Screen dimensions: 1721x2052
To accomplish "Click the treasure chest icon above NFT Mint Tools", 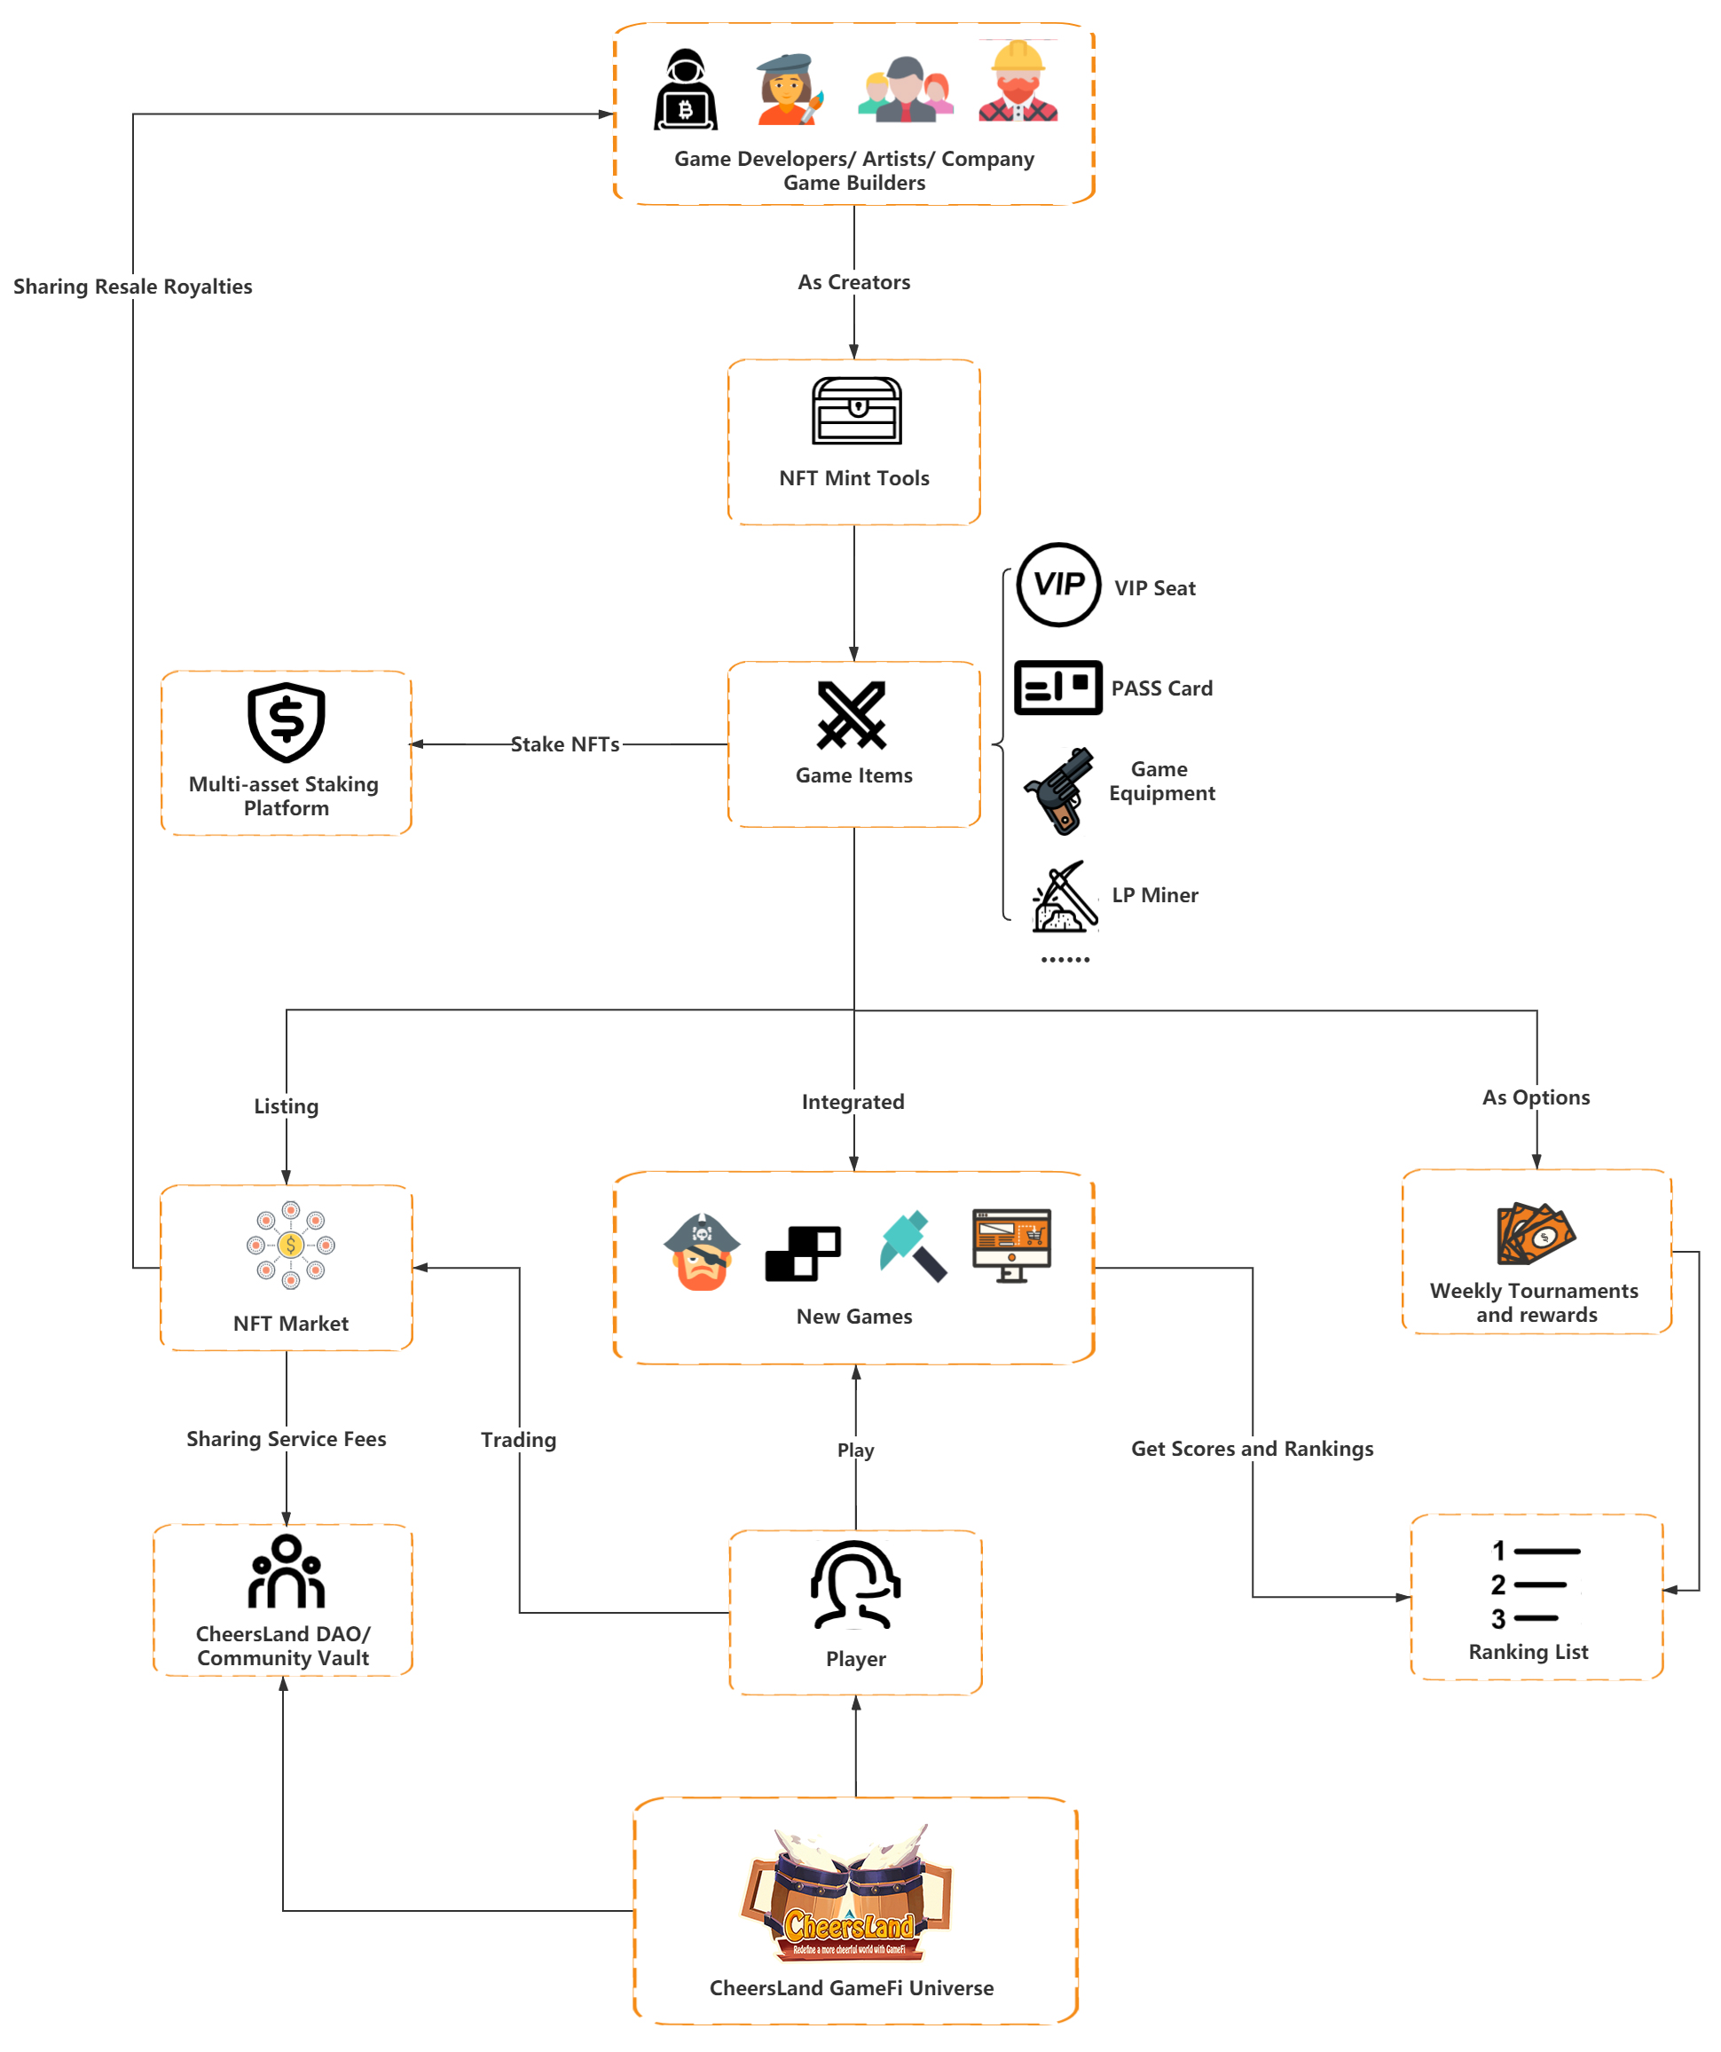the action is (x=856, y=411).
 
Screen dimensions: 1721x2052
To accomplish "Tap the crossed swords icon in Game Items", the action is (x=852, y=715).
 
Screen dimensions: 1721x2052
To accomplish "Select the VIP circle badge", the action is (x=1058, y=585).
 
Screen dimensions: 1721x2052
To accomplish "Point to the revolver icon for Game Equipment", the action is (x=1058, y=790).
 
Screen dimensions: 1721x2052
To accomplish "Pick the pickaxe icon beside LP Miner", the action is (x=1065, y=896).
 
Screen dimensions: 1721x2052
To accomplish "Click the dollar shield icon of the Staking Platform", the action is (x=286, y=722).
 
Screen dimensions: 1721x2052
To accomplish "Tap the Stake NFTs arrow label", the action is (x=565, y=744).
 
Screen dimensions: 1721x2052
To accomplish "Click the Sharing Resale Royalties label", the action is (x=132, y=287).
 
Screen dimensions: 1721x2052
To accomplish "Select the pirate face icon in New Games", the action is (x=701, y=1251).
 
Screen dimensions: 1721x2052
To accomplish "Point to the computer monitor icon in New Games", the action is (x=1011, y=1246).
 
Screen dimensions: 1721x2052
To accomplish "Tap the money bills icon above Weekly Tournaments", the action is (x=1536, y=1233).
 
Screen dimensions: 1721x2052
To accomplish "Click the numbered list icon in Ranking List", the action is (x=1536, y=1584).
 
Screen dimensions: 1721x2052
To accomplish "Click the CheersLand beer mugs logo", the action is (x=846, y=1892).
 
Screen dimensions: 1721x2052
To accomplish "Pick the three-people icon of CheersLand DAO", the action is (x=286, y=1571).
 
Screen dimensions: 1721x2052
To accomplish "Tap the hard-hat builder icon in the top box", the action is (x=1018, y=81).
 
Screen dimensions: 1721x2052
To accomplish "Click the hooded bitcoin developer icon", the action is (x=685, y=89).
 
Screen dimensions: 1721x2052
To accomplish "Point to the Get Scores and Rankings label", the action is (x=1252, y=1449).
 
